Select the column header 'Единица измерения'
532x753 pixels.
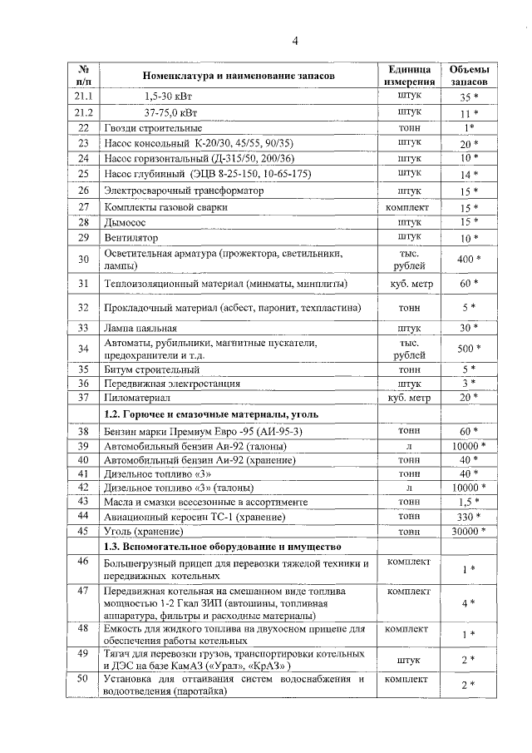[x=409, y=75]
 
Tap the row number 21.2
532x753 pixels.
[x=83, y=112]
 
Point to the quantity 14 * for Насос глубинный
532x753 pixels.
[x=469, y=175]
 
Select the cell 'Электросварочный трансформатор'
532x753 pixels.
[x=183, y=191]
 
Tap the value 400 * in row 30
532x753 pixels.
[x=469, y=260]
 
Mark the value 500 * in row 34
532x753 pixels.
[x=469, y=349]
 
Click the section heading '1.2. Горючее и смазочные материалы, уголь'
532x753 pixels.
[x=208, y=414]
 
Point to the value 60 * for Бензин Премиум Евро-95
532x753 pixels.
[x=469, y=431]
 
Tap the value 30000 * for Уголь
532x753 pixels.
[x=469, y=532]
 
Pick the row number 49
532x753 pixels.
[x=83, y=654]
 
